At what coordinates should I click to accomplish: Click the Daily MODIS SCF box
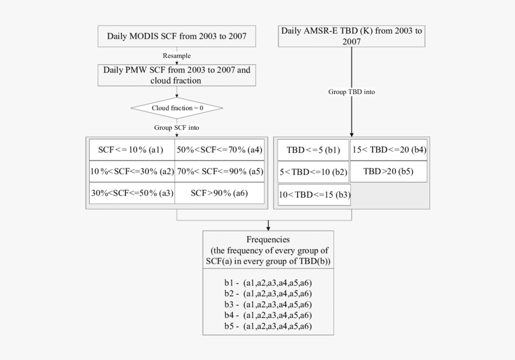[176, 36]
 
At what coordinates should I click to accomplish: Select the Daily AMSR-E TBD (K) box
[352, 36]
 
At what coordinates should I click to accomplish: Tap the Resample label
[176, 56]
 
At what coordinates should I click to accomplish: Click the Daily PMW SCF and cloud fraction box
[176, 74]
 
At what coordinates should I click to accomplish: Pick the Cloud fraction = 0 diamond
[176, 108]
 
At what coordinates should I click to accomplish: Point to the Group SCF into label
[176, 128]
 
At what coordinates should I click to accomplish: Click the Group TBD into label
[352, 92]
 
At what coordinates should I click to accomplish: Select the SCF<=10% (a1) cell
[132, 150]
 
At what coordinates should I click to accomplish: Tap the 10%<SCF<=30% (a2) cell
[132, 171]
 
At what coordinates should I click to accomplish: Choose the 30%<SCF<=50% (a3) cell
[132, 193]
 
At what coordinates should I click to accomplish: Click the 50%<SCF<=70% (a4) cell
[220, 150]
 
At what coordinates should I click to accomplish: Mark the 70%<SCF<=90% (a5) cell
[220, 171]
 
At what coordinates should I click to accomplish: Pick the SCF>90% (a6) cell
[220, 193]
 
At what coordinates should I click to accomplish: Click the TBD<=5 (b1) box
[313, 150]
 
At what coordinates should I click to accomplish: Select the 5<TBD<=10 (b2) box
[313, 172]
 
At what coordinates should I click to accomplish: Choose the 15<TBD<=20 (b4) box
[389, 150]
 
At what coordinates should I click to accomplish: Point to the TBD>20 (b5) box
[389, 171]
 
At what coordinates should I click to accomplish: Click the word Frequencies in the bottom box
[268, 239]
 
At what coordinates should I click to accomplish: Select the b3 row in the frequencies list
[268, 304]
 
